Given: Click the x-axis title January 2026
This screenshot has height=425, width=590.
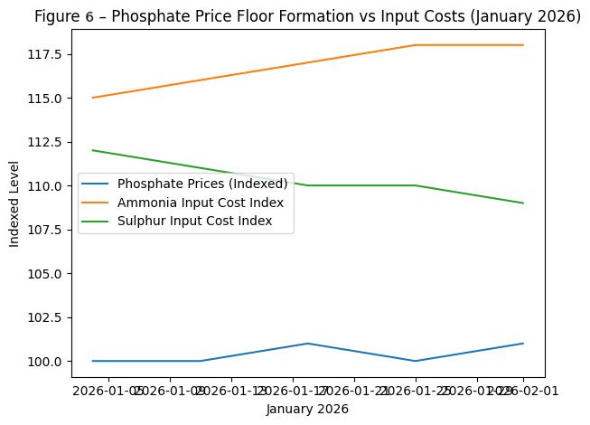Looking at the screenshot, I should (307, 410).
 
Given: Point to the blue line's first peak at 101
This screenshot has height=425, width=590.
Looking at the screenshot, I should (308, 344).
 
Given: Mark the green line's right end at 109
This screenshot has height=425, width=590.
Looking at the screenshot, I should (523, 203).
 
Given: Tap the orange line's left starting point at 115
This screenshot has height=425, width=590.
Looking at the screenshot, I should (93, 98).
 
